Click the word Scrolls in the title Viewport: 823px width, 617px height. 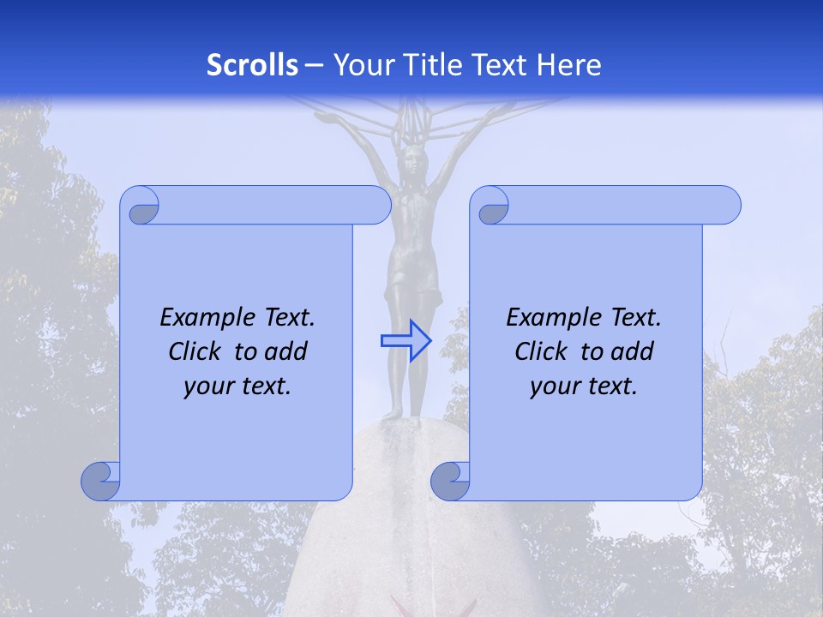tap(252, 65)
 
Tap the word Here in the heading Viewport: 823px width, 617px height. tap(569, 65)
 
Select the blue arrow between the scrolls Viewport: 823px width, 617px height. tap(405, 341)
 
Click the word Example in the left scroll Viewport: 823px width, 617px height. tap(200, 318)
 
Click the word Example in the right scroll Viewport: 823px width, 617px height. tap(546, 318)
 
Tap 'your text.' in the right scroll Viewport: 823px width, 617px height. tap(584, 386)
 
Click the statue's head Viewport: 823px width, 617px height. tap(415, 158)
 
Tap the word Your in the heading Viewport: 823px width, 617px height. tap(360, 65)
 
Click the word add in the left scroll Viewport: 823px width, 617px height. tap(285, 351)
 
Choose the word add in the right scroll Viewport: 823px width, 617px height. tap(632, 351)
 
